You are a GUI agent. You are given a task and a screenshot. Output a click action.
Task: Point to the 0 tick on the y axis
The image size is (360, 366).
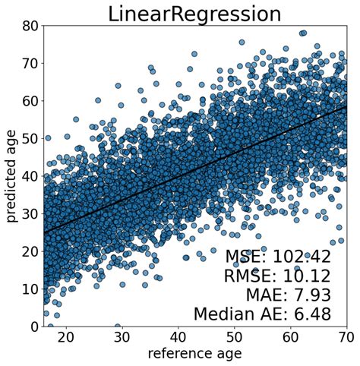click(33, 327)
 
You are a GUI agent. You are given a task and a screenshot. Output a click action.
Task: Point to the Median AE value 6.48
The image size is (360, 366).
click(324, 314)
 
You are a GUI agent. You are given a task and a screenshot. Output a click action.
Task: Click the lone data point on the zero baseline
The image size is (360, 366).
click(117, 327)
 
